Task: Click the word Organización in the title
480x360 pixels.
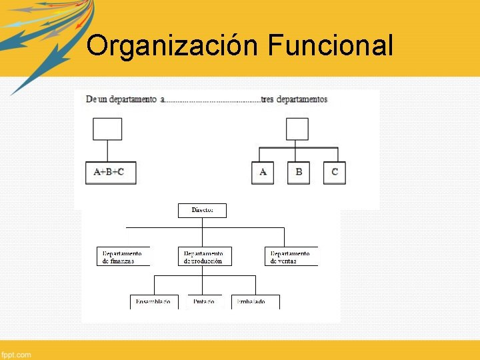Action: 173,47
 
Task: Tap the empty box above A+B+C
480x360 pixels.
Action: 107,129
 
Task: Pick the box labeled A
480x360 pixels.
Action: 263,172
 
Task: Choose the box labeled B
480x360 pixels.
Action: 299,172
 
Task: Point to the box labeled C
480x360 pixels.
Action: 335,172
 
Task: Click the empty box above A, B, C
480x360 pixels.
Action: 297,129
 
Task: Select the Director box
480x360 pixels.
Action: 202,210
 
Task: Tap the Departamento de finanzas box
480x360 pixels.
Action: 123,257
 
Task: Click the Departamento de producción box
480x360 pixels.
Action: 205,257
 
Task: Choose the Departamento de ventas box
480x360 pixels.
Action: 291,257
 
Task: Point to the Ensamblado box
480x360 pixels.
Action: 154,301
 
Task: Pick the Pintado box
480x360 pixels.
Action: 204,301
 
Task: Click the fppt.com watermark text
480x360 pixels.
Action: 16,354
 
